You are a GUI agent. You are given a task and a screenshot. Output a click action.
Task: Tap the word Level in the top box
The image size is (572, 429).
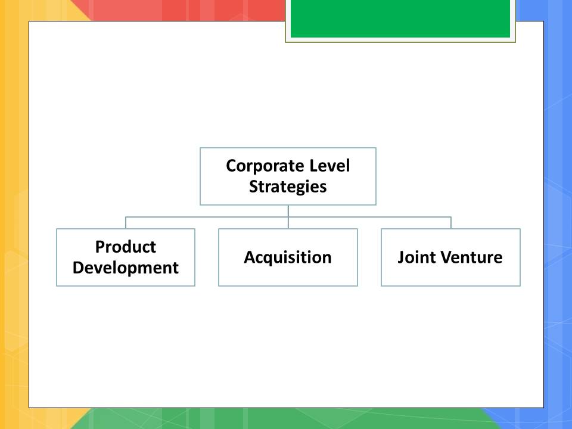(x=329, y=166)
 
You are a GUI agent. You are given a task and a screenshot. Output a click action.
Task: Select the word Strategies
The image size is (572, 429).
(x=288, y=187)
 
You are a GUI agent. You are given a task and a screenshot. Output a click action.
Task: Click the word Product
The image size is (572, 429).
(x=126, y=247)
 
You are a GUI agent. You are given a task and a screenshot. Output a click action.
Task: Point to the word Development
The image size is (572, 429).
(x=126, y=268)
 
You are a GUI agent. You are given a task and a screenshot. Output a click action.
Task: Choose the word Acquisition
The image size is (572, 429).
(x=288, y=257)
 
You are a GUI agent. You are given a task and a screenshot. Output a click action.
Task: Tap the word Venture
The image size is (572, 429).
(x=469, y=257)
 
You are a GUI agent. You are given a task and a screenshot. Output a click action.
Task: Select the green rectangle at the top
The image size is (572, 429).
(x=400, y=18)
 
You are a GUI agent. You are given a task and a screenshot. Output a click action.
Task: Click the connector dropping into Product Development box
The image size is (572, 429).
(x=126, y=222)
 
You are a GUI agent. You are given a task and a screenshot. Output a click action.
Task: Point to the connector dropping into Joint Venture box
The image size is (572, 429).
(x=451, y=222)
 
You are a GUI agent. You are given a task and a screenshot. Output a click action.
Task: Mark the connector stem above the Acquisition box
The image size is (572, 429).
(x=288, y=217)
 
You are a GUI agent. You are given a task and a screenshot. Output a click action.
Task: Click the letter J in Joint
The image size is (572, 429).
(x=401, y=257)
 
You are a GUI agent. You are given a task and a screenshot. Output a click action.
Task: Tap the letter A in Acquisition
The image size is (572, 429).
(x=250, y=257)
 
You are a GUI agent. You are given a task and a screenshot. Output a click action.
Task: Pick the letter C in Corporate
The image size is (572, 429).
(x=231, y=166)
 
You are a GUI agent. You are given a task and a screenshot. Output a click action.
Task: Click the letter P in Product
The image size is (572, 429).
(x=100, y=247)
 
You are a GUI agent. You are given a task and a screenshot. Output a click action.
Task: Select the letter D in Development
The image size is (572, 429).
(x=78, y=268)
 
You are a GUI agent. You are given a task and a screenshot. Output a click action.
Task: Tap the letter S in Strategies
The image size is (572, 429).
(x=254, y=186)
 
